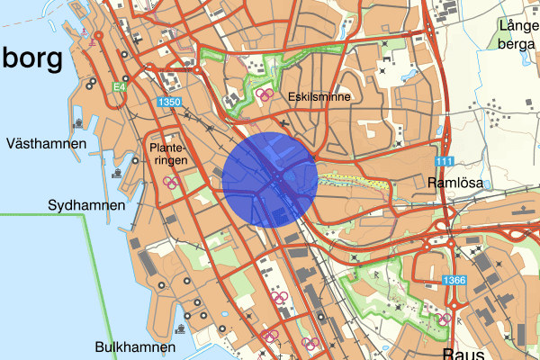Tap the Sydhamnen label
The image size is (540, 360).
click(x=86, y=206)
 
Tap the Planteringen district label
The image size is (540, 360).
click(x=169, y=154)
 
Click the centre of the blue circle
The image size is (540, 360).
click(x=269, y=178)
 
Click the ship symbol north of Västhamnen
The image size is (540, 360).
click(x=78, y=119)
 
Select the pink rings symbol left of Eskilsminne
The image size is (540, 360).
click(x=263, y=94)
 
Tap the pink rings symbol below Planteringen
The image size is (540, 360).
click(x=169, y=182)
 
